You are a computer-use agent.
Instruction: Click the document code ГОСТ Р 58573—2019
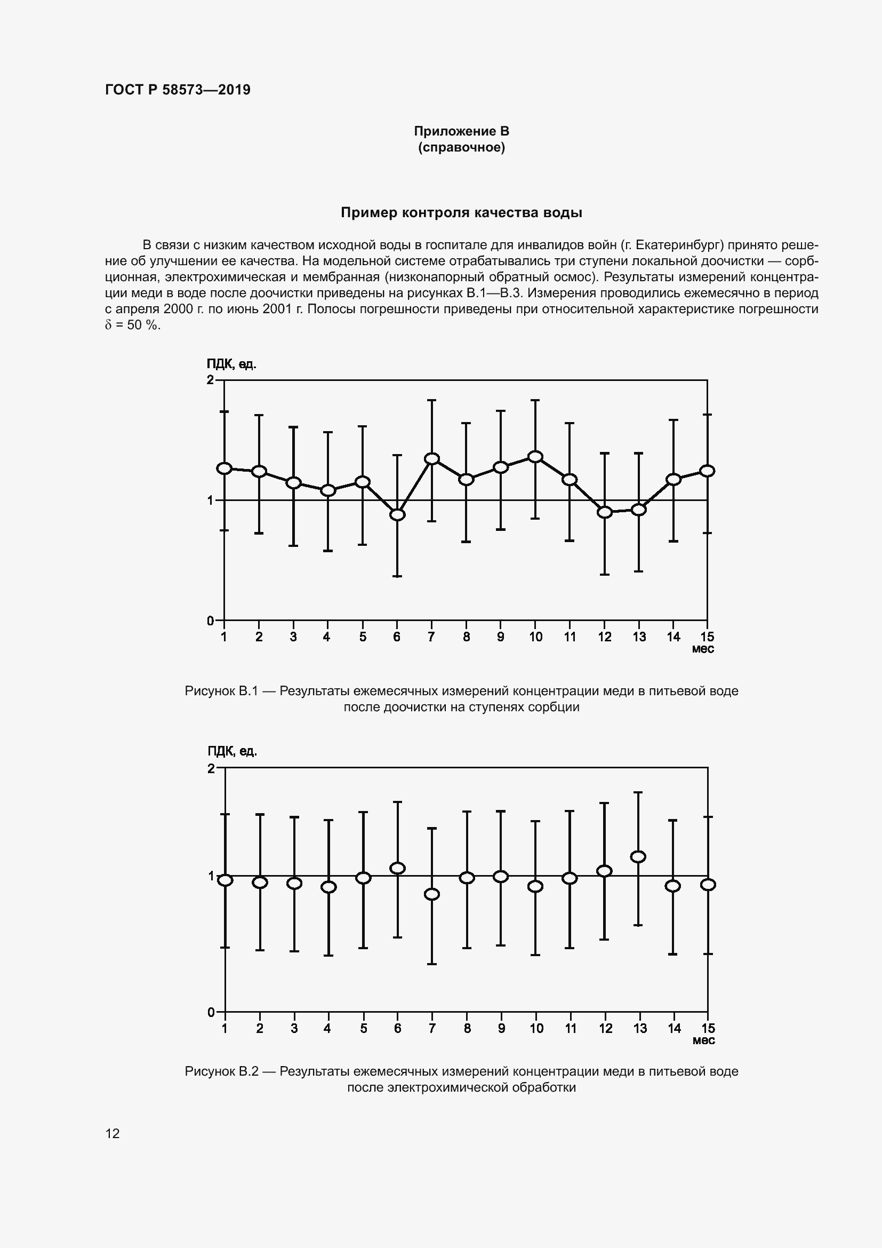pyautogui.click(x=178, y=90)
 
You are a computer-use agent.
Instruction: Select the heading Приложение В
pyautogui.click(x=461, y=131)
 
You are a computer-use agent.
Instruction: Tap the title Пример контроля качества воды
pyautogui.click(x=461, y=212)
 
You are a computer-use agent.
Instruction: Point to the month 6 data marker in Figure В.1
pyautogui.click(x=398, y=514)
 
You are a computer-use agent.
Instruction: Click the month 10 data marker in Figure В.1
pyautogui.click(x=535, y=457)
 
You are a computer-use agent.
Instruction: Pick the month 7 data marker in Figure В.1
pyautogui.click(x=432, y=459)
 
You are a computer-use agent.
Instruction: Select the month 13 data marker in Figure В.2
pyautogui.click(x=639, y=857)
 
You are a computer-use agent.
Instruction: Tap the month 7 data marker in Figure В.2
pyautogui.click(x=432, y=894)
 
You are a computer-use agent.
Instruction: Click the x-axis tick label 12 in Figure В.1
pyautogui.click(x=605, y=637)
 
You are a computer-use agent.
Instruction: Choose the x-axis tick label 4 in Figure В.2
pyautogui.click(x=327, y=1028)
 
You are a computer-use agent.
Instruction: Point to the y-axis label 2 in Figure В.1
pyautogui.click(x=210, y=380)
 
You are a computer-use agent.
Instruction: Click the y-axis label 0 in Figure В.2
pyautogui.click(x=211, y=1012)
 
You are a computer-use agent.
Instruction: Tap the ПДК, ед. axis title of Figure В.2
pyautogui.click(x=232, y=751)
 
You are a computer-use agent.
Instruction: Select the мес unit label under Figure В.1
pyautogui.click(x=703, y=649)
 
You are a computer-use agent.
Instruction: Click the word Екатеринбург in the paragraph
pyautogui.click(x=674, y=244)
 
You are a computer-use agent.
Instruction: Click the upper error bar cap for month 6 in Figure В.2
pyautogui.click(x=398, y=802)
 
